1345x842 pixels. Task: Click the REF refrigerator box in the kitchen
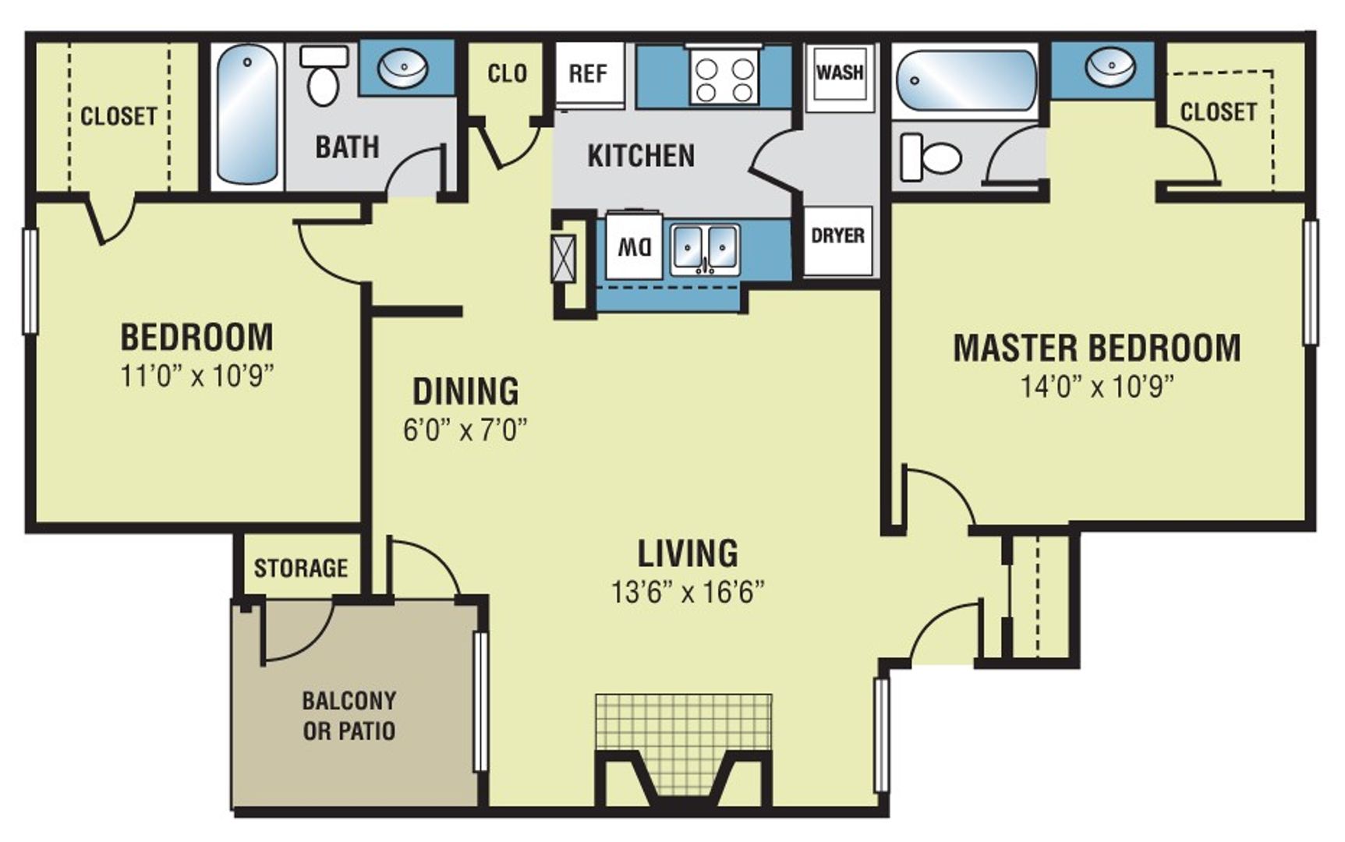coord(589,75)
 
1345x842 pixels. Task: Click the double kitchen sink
coord(706,248)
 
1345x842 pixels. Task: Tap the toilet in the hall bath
coord(323,76)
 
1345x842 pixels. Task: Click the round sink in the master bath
coord(1110,67)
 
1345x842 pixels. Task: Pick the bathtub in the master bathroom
coord(966,80)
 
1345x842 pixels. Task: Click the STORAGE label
coord(300,568)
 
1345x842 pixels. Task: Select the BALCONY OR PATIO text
coord(349,715)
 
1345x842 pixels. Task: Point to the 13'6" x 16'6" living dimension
coord(687,593)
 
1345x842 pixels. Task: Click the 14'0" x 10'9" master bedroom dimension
coord(1097,386)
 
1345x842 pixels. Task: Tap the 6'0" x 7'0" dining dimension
coord(465,430)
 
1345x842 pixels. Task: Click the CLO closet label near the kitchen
coord(507,74)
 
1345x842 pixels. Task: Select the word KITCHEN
coord(640,156)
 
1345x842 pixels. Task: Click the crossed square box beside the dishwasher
coord(563,258)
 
